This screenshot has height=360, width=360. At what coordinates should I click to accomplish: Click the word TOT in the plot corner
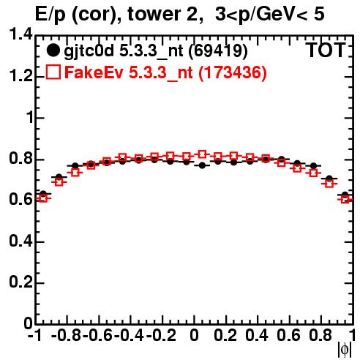[326, 50]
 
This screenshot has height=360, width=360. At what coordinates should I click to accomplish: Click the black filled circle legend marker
[53, 50]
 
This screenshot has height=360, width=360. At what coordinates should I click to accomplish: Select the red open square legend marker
[53, 72]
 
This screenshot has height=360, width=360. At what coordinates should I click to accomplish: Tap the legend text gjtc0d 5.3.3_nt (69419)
[156, 51]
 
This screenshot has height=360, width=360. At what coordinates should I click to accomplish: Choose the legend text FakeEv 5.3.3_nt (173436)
[165, 73]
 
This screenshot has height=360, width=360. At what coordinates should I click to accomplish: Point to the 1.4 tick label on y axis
[20, 34]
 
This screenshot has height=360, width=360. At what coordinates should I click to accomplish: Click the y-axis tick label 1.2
[20, 76]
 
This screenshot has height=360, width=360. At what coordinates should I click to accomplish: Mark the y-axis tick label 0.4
[20, 241]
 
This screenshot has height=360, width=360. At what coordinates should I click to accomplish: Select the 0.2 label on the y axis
[20, 282]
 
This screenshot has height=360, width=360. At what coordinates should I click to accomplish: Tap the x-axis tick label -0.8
[66, 336]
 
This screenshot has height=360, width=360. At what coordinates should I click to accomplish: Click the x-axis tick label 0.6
[288, 336]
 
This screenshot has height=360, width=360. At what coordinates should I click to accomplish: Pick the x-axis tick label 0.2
[225, 336]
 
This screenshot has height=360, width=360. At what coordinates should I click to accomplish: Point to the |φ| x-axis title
[345, 350]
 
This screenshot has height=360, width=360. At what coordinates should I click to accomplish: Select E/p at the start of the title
[50, 15]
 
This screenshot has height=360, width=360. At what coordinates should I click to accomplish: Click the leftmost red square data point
[43, 198]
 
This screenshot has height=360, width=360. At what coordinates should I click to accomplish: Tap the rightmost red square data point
[345, 200]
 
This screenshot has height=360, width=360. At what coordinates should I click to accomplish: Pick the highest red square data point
[202, 154]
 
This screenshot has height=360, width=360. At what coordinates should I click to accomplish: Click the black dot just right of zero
[202, 165]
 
